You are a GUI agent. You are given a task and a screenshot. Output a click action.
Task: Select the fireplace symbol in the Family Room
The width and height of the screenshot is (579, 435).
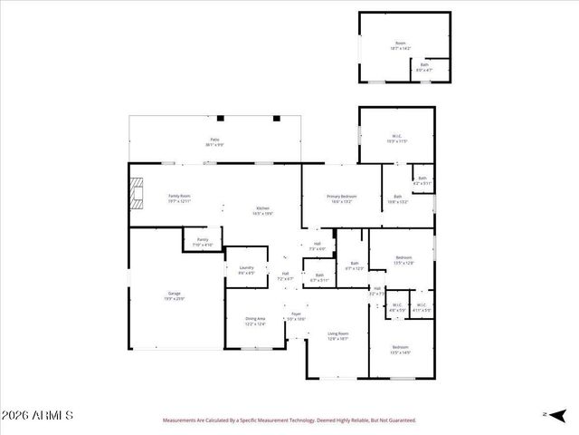[x=136, y=193]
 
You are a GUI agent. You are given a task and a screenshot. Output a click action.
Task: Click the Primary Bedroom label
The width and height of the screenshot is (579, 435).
[x=342, y=198]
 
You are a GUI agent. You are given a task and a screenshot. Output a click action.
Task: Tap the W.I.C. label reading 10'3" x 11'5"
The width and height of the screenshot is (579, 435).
[x=397, y=138]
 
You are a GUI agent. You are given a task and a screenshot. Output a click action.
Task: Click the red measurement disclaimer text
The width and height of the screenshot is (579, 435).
[x=289, y=420]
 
